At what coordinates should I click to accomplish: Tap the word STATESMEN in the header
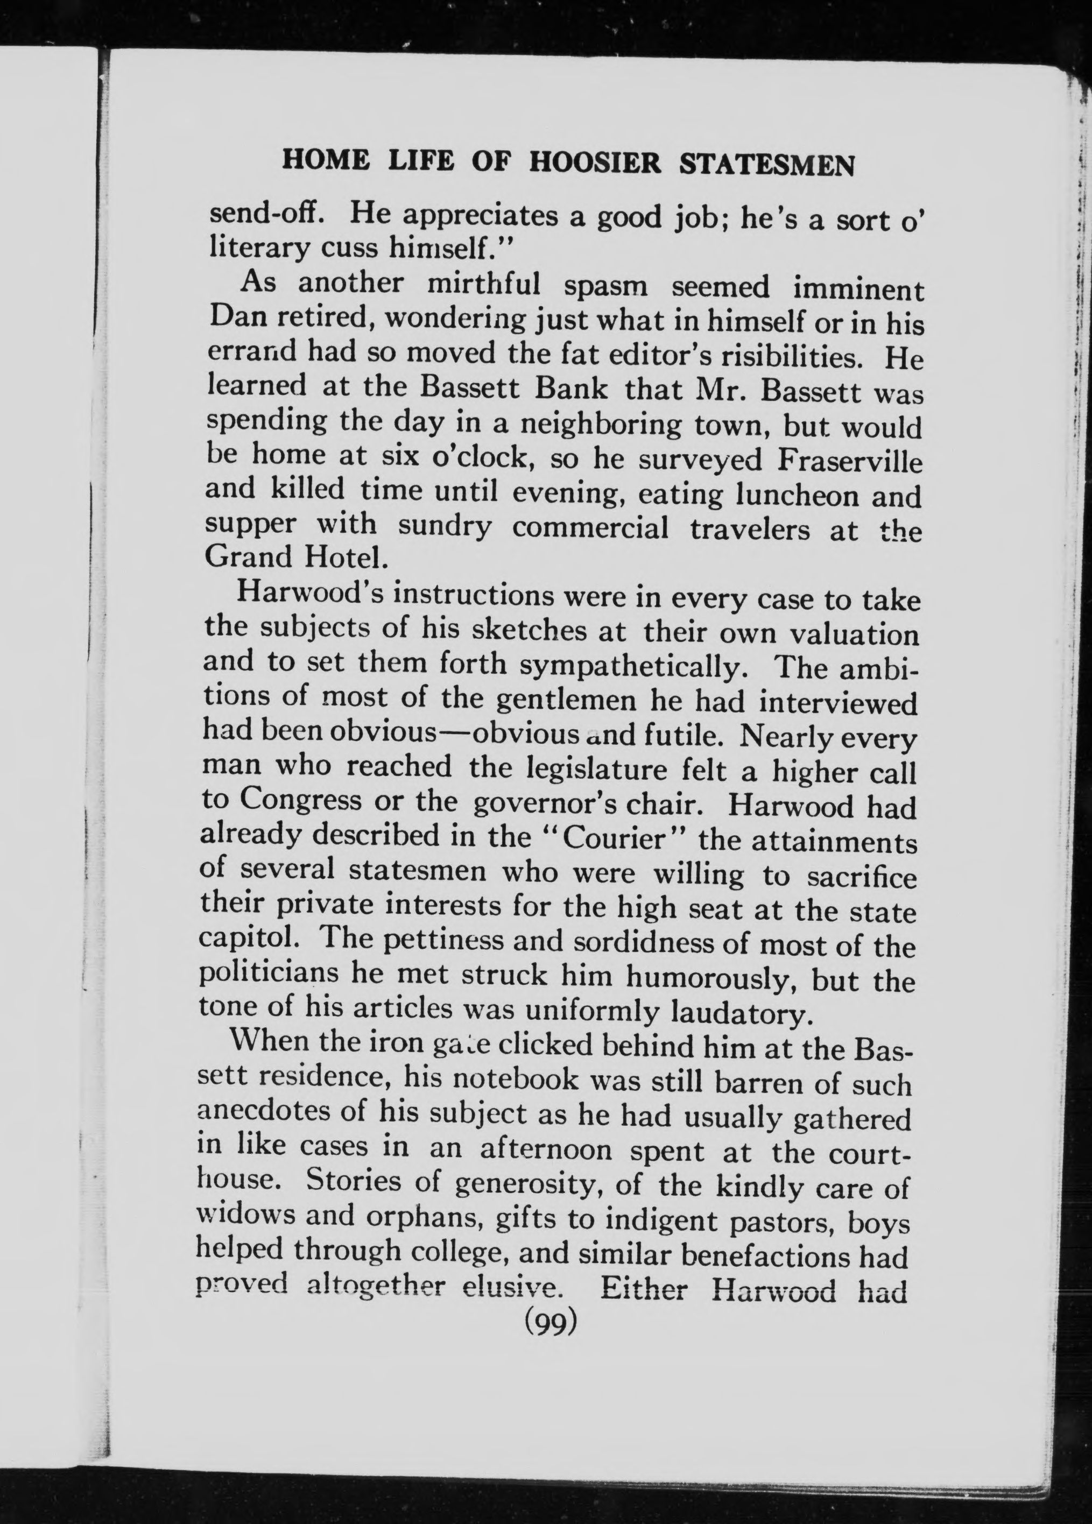767,165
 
